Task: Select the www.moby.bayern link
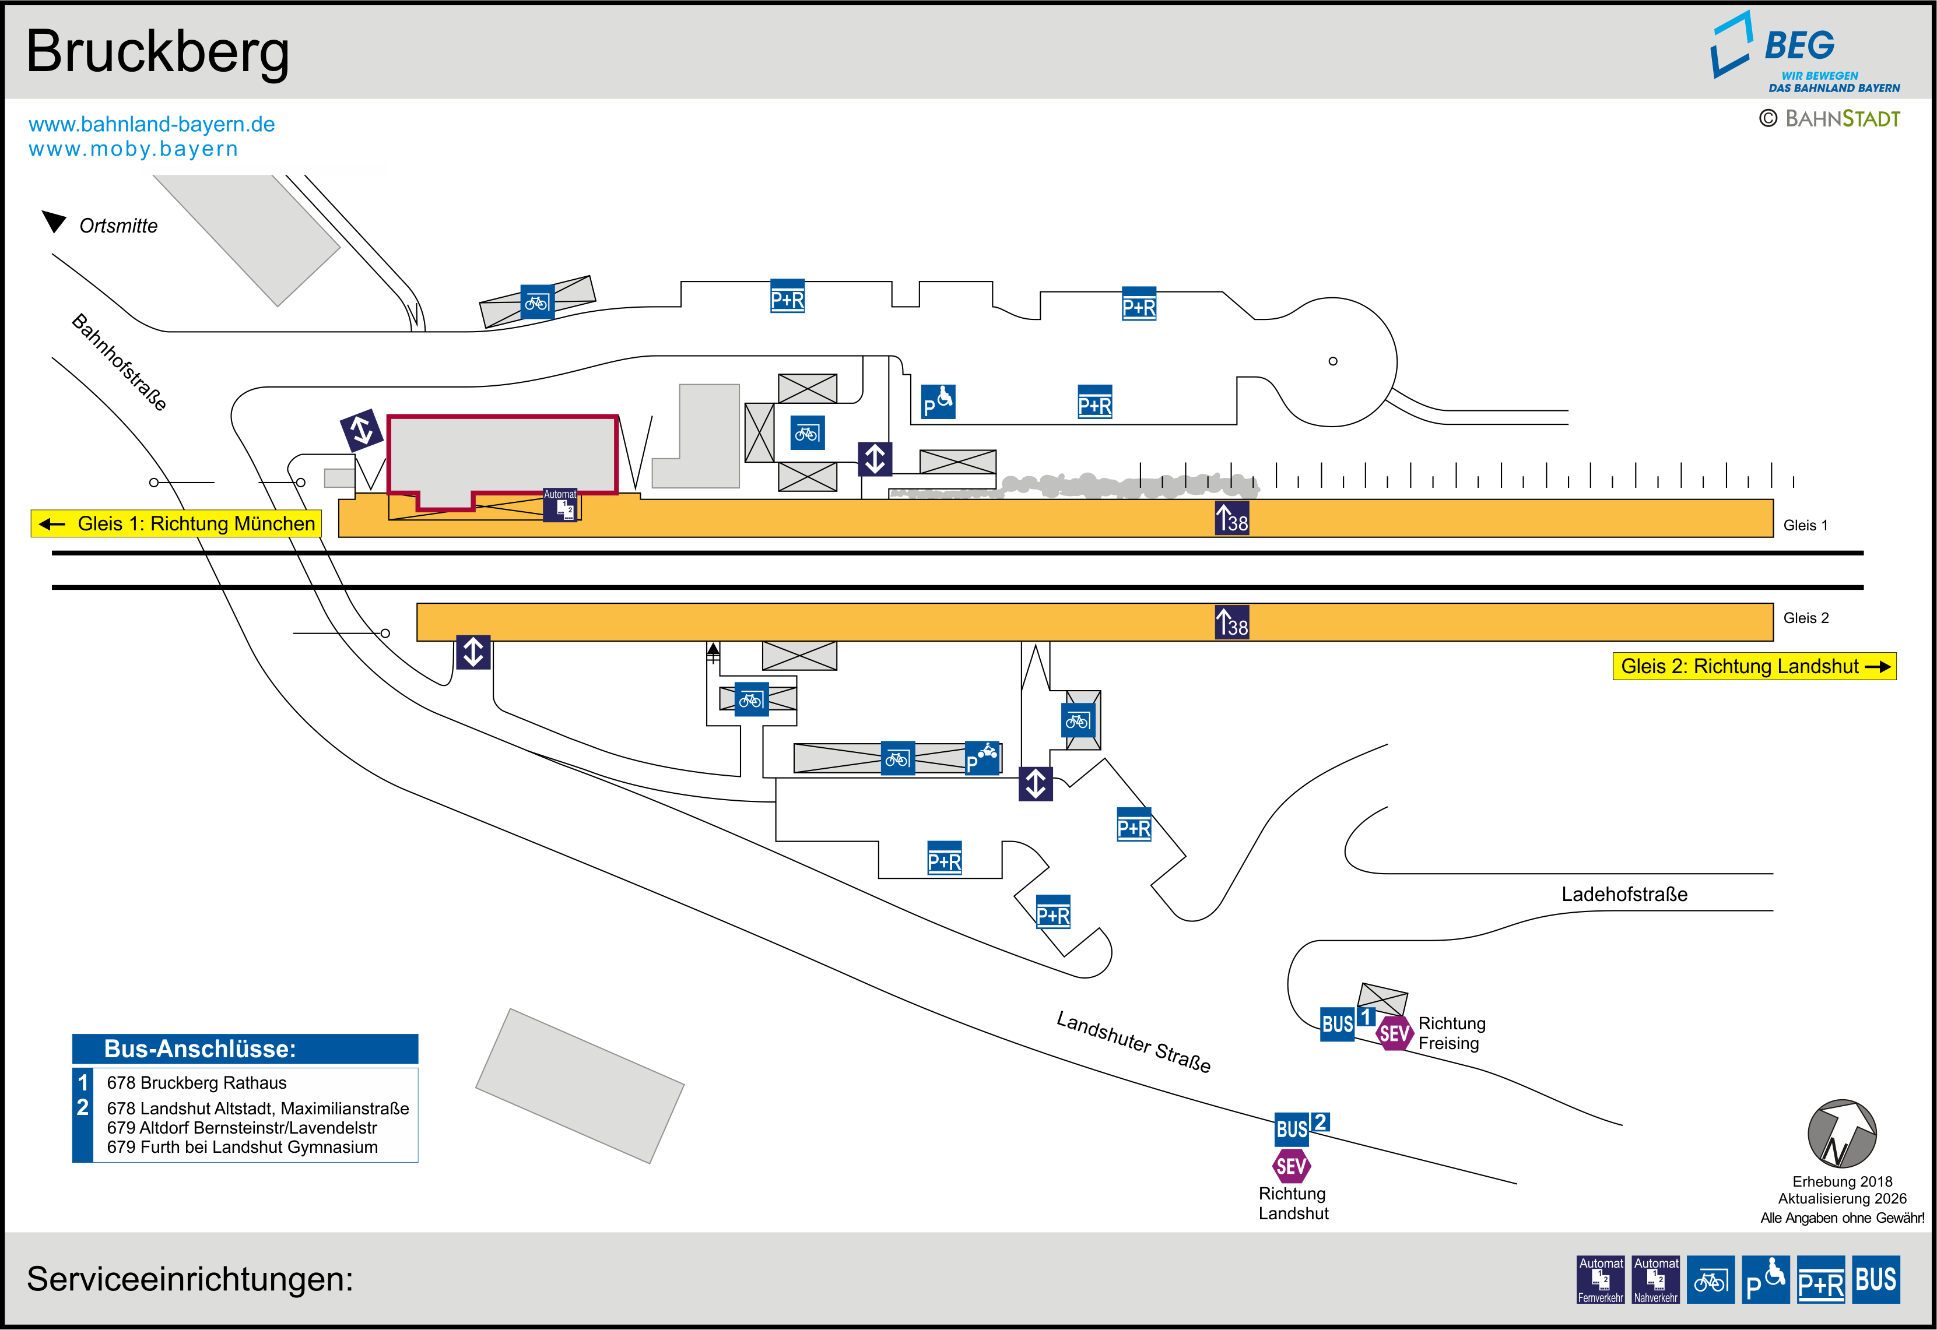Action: [134, 149]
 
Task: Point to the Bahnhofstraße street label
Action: [119, 362]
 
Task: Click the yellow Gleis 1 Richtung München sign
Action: [177, 523]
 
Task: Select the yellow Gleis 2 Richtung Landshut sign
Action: [1754, 667]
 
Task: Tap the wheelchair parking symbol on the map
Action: [938, 402]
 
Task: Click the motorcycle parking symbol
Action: [982, 758]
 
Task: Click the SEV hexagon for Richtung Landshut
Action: [1291, 1166]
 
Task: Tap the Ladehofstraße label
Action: [1624, 894]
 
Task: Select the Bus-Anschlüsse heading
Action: [199, 1048]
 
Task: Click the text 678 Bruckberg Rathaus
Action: [196, 1082]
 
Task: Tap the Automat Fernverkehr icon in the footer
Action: [1601, 1279]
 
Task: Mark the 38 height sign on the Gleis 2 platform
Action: [1232, 622]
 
